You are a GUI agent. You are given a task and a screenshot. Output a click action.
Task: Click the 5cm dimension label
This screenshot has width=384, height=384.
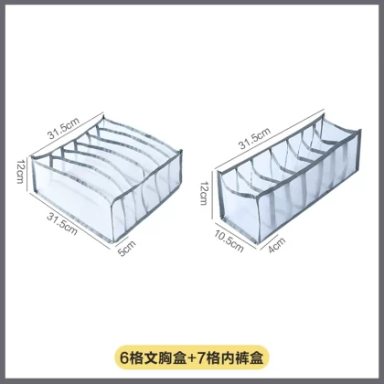point(127,248)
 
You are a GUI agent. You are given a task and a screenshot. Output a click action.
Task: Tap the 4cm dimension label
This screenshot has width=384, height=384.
point(277,245)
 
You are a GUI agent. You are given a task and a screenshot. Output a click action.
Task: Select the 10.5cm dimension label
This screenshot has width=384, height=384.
point(229,241)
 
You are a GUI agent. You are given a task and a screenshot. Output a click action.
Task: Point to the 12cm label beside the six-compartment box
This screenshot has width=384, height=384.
point(20,171)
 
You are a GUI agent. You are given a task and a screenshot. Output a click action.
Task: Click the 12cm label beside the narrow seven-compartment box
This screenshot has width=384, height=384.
point(204,193)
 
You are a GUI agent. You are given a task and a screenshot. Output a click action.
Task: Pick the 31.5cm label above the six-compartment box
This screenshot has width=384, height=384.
point(63,128)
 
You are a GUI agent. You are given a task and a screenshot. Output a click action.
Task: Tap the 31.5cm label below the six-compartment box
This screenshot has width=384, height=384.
point(62,223)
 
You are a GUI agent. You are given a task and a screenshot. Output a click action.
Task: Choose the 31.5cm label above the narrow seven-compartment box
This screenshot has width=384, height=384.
point(254,138)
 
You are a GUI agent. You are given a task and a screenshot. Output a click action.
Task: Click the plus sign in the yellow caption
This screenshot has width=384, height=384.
point(191,357)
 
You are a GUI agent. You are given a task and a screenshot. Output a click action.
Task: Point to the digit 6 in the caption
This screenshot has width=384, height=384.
point(123,357)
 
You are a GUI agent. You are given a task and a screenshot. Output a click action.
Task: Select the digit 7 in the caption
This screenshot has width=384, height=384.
point(201,357)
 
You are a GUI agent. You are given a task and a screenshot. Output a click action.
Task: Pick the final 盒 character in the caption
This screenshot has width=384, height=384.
point(256,357)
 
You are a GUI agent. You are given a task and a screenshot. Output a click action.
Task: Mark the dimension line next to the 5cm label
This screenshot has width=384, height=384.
point(121,240)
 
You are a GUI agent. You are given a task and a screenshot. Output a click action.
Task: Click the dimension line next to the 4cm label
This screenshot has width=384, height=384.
point(270,242)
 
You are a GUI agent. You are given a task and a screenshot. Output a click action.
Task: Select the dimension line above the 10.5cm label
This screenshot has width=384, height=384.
point(235,235)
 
